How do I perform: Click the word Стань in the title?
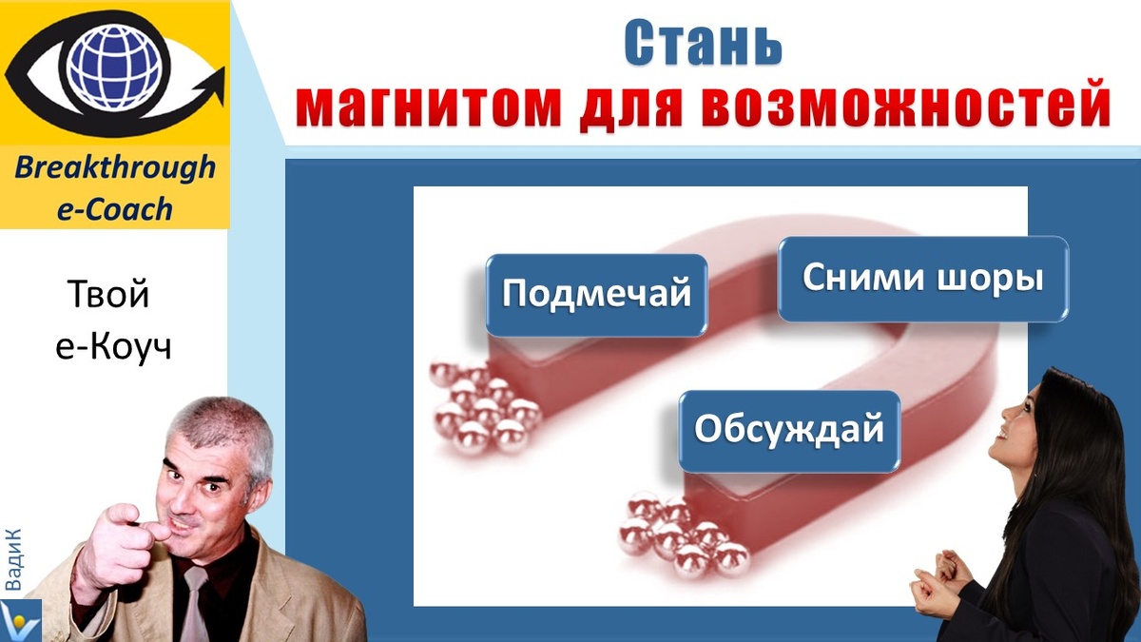pos(703,42)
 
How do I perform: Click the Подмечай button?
pos(596,294)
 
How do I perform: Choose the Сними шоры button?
pos(922,279)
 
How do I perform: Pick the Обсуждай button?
pos(789,430)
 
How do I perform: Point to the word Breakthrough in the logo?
pos(115,169)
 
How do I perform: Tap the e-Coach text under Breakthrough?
pos(115,209)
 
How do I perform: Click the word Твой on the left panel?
pos(109,296)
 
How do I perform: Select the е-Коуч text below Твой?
pos(113,347)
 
